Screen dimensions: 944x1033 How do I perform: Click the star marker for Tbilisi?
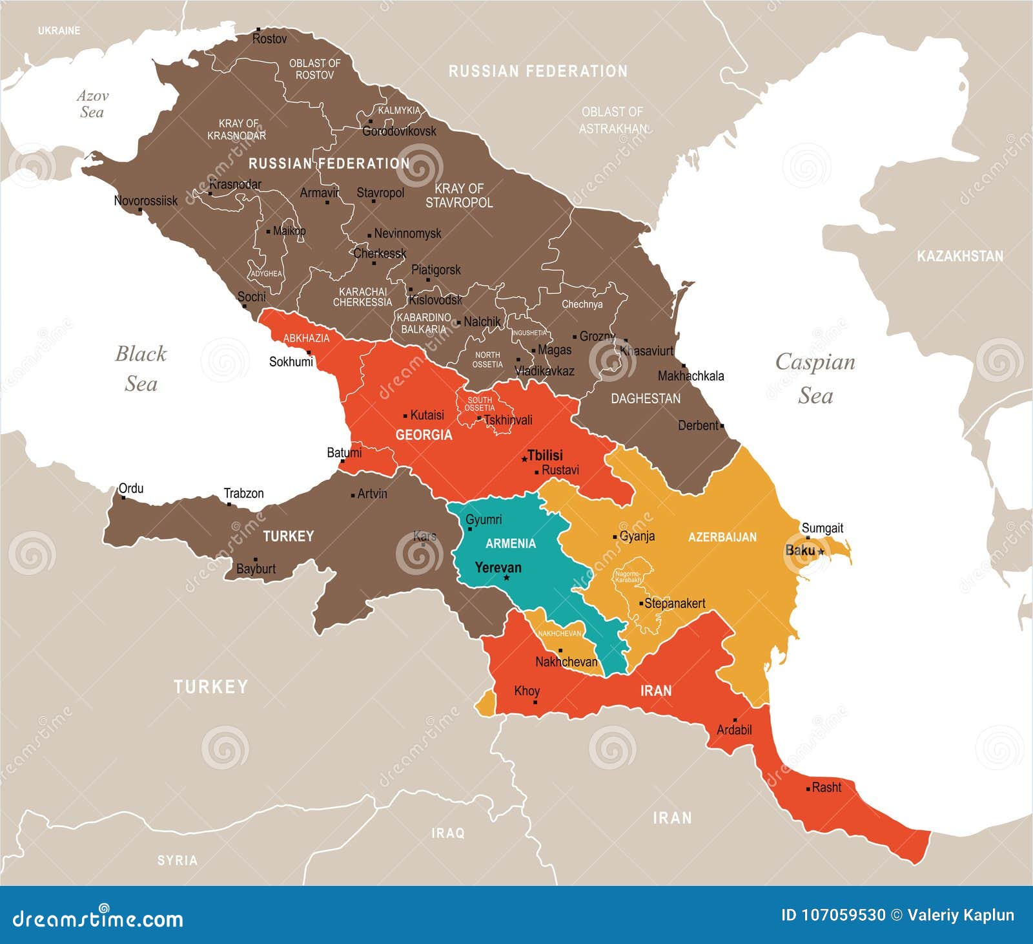pyautogui.click(x=524, y=459)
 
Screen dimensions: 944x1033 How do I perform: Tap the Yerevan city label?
pyautogui.click(x=498, y=568)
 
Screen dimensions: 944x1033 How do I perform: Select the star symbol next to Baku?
pyautogui.click(x=821, y=552)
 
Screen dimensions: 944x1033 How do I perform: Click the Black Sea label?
pyautogui.click(x=141, y=368)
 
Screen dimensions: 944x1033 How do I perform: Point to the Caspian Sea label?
pyautogui.click(x=815, y=378)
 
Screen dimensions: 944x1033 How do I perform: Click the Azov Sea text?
pyautogui.click(x=92, y=104)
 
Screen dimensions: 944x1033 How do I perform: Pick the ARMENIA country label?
pyautogui.click(x=510, y=543)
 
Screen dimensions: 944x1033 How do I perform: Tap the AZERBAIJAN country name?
pyautogui.click(x=722, y=537)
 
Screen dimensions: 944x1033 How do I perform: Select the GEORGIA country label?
pyautogui.click(x=424, y=435)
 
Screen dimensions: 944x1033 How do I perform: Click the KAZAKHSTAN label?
pyautogui.click(x=960, y=257)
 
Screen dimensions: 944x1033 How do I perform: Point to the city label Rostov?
pyautogui.click(x=269, y=39)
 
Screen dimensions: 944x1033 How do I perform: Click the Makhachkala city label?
pyautogui.click(x=691, y=376)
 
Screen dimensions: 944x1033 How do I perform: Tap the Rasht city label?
pyautogui.click(x=826, y=788)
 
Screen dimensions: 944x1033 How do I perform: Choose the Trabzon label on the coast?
pyautogui.click(x=243, y=494)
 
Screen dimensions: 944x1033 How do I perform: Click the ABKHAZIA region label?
pyautogui.click(x=306, y=338)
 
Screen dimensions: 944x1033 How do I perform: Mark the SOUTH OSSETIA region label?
pyautogui.click(x=480, y=404)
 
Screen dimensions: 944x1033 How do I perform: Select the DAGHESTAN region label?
pyautogui.click(x=646, y=399)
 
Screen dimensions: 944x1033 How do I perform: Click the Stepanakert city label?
pyautogui.click(x=675, y=603)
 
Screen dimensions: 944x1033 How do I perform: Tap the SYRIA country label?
pyautogui.click(x=178, y=860)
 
